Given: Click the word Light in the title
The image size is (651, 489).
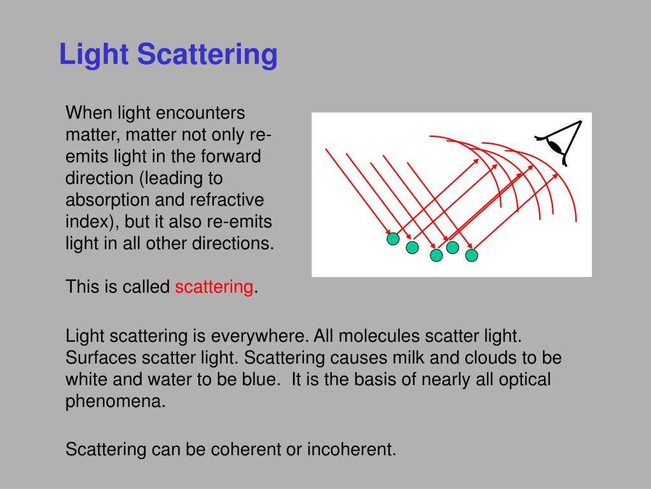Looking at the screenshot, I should [x=94, y=55].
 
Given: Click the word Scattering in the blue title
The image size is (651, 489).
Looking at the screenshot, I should [x=207, y=55].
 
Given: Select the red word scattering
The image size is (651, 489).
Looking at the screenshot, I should [x=214, y=287].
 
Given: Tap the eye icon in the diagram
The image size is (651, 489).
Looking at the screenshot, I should [x=560, y=143].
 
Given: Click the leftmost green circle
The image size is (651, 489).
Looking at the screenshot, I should [x=394, y=239].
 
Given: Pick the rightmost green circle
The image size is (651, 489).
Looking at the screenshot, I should [x=471, y=255].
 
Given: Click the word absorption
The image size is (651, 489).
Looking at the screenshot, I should [x=106, y=200].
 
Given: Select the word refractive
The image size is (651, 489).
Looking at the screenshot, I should [x=227, y=200].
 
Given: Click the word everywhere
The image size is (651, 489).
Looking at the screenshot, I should [x=254, y=336].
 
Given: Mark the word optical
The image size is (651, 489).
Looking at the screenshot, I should [x=521, y=379].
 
